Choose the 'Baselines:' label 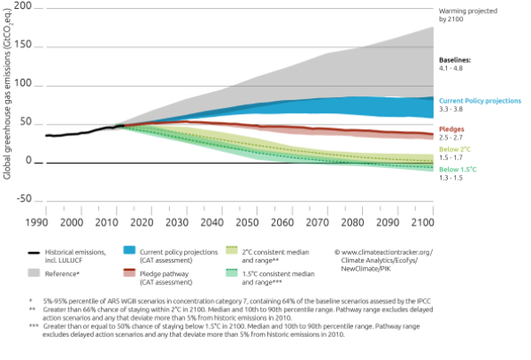[x=458, y=58]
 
